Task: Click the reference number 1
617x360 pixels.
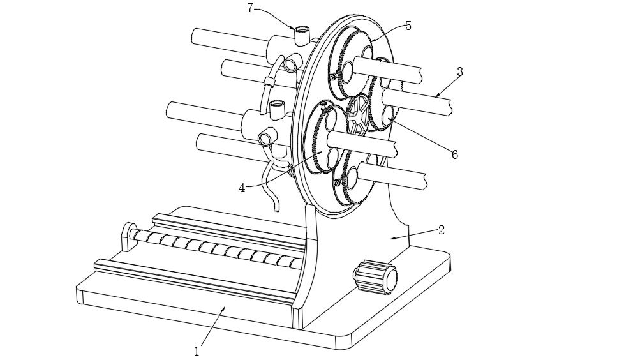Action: pyautogui.click(x=197, y=351)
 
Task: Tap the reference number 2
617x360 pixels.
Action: pyautogui.click(x=441, y=230)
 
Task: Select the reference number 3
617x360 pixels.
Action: pyautogui.click(x=459, y=72)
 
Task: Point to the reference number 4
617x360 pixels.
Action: pyautogui.click(x=242, y=188)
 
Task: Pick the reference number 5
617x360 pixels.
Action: pyautogui.click(x=408, y=26)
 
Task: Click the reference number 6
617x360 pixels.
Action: pyautogui.click(x=454, y=155)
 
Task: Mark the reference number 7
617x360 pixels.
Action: pyautogui.click(x=250, y=8)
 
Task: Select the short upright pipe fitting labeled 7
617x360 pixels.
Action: pyautogui.click(x=301, y=34)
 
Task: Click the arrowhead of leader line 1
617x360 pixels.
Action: pyautogui.click(x=223, y=308)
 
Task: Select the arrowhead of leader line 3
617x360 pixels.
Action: pyautogui.click(x=437, y=96)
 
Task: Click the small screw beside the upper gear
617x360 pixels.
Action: pyautogui.click(x=332, y=77)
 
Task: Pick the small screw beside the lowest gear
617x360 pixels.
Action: pyautogui.click(x=336, y=183)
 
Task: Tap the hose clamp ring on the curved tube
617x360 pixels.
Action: pyautogui.click(x=269, y=81)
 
